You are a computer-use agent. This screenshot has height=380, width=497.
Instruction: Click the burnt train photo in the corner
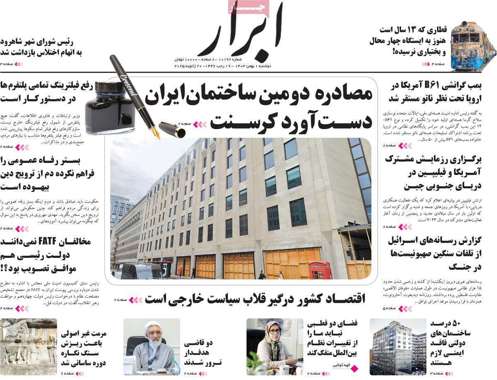tap(473, 46)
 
